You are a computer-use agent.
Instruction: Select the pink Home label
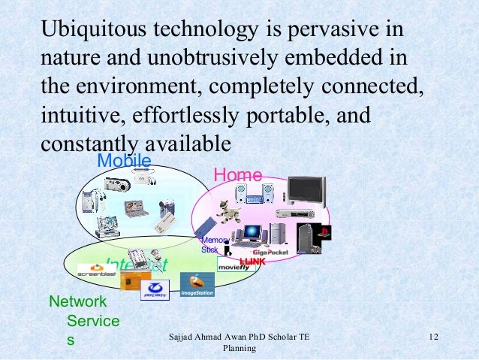click(x=238, y=175)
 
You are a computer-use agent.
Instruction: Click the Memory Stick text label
click(x=210, y=244)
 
